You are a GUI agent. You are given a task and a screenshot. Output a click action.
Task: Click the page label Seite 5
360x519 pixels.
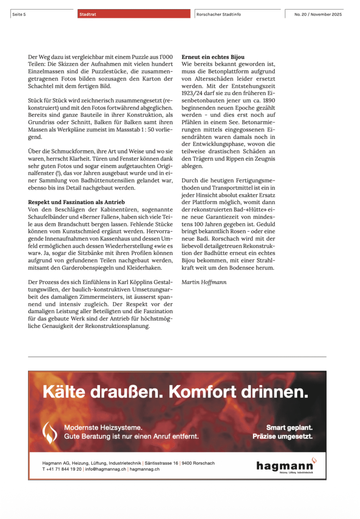pos(19,14)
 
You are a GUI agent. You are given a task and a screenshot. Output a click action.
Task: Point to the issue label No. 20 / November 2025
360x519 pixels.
pos(318,14)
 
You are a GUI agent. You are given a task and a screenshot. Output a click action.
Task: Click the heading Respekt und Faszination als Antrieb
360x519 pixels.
pos(76,202)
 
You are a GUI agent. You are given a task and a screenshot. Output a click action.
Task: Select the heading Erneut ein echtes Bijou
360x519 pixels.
pos(213,57)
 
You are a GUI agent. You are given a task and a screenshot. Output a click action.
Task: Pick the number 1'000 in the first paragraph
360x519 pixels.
pos(166,57)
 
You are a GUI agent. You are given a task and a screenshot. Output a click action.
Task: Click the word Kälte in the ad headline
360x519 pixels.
pos(64,392)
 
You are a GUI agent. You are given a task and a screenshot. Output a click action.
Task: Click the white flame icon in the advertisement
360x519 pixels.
pos(51,432)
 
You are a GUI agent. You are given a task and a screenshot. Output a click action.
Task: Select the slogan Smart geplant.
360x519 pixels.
pos(289,428)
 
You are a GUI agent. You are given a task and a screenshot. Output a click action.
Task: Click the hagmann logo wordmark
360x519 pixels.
pos(285,465)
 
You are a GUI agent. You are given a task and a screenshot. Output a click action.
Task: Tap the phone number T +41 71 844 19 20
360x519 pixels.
pos(61,469)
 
